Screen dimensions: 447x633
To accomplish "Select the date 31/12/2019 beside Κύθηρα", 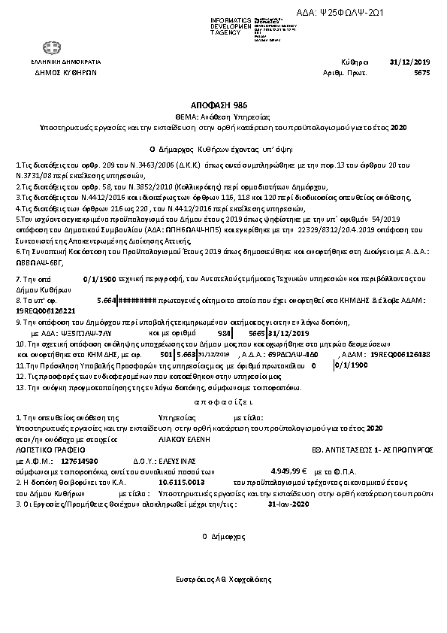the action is [x=409, y=63].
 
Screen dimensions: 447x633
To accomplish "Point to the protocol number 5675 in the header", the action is [x=421, y=74].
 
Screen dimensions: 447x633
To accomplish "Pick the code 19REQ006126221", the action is [x=45, y=310].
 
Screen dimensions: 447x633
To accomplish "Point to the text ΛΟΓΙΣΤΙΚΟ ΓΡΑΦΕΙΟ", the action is [x=46, y=447].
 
